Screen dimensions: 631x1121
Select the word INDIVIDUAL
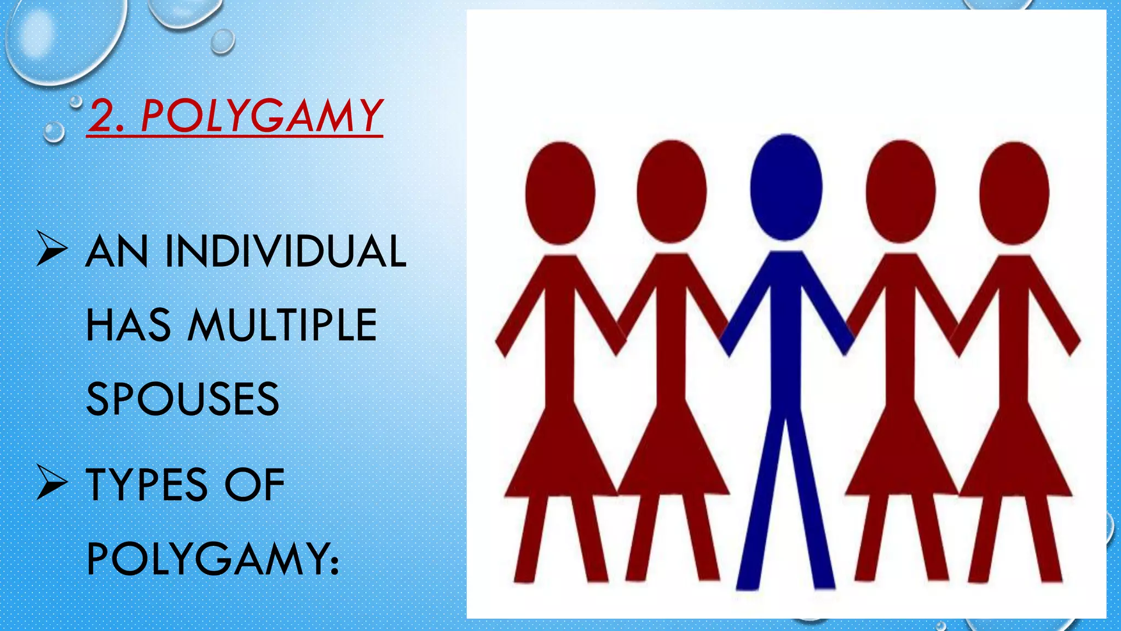coord(286,251)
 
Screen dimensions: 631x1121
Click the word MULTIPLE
coord(282,325)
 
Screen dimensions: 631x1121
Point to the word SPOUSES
coord(183,399)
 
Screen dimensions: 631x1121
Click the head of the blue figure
coord(786,187)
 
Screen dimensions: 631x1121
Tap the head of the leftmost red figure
coord(560,193)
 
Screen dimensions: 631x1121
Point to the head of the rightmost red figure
coord(1014,193)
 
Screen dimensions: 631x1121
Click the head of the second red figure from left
coord(672,192)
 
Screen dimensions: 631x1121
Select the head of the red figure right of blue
coord(900,192)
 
